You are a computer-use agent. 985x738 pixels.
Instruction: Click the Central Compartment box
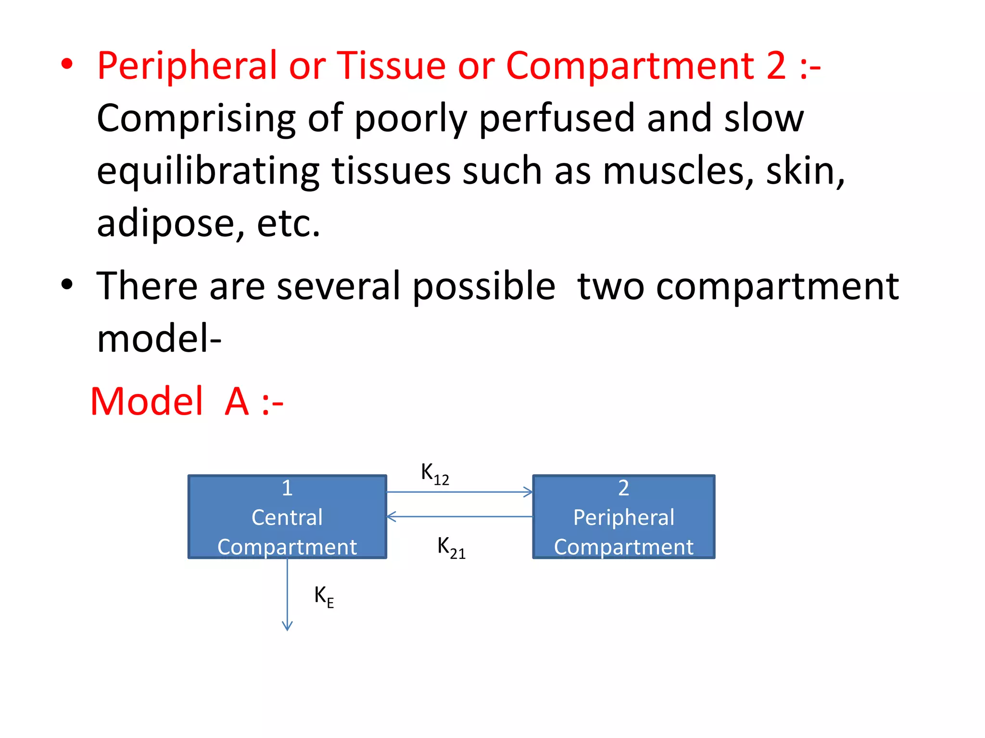click(287, 517)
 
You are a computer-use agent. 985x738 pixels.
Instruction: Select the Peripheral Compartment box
click(624, 517)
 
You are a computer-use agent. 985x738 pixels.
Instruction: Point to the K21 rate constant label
click(451, 548)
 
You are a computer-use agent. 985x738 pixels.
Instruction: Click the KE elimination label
click(324, 597)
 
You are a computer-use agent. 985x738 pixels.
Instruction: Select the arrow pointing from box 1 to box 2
click(459, 492)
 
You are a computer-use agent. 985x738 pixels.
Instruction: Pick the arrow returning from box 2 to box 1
click(459, 517)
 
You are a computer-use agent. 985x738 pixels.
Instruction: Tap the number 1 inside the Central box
click(287, 488)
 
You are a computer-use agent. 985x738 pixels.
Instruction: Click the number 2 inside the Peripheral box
click(624, 488)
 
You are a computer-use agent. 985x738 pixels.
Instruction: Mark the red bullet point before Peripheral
click(67, 64)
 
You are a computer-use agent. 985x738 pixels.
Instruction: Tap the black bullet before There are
click(67, 284)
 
